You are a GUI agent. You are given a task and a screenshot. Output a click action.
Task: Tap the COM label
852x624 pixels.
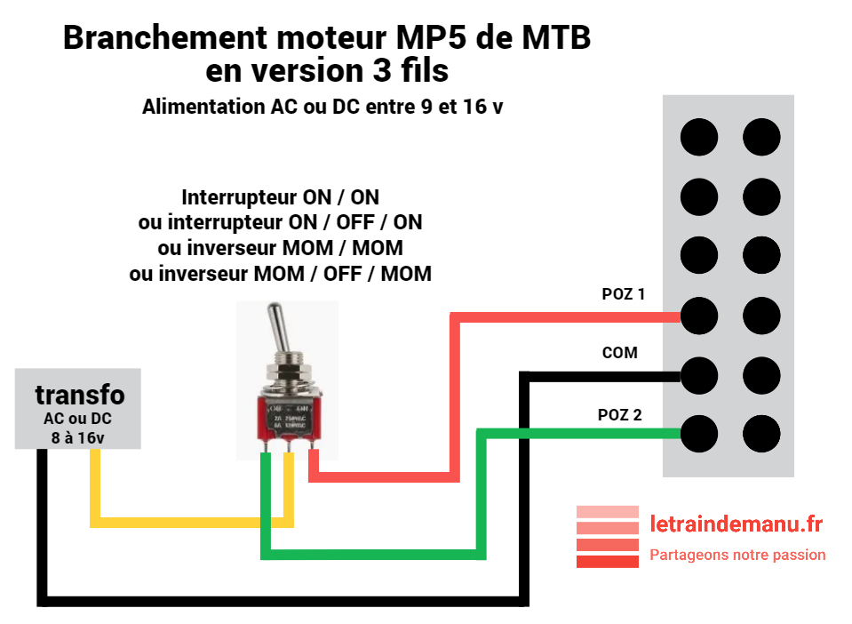(619, 353)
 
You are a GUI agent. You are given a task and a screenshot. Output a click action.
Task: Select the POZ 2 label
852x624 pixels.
(621, 414)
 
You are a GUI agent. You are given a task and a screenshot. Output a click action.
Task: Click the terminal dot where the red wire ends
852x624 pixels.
(698, 315)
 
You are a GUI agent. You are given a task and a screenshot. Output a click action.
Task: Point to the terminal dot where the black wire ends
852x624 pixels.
(698, 375)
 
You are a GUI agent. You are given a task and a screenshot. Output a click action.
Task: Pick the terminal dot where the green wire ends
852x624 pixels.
(698, 434)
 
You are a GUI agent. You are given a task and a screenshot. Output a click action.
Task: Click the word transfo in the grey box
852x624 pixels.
(80, 395)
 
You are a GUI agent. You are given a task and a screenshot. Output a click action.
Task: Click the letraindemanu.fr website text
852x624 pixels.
(736, 524)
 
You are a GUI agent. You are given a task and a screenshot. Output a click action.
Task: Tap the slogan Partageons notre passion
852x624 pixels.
(737, 555)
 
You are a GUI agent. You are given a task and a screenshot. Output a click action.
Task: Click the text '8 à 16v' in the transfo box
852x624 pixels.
(78, 437)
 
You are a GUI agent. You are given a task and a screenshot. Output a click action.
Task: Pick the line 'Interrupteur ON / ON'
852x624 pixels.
(280, 196)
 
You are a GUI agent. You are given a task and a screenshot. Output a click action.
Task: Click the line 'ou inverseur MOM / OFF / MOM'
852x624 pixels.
(280, 273)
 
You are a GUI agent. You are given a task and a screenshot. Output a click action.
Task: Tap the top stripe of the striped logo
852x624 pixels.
(608, 512)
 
